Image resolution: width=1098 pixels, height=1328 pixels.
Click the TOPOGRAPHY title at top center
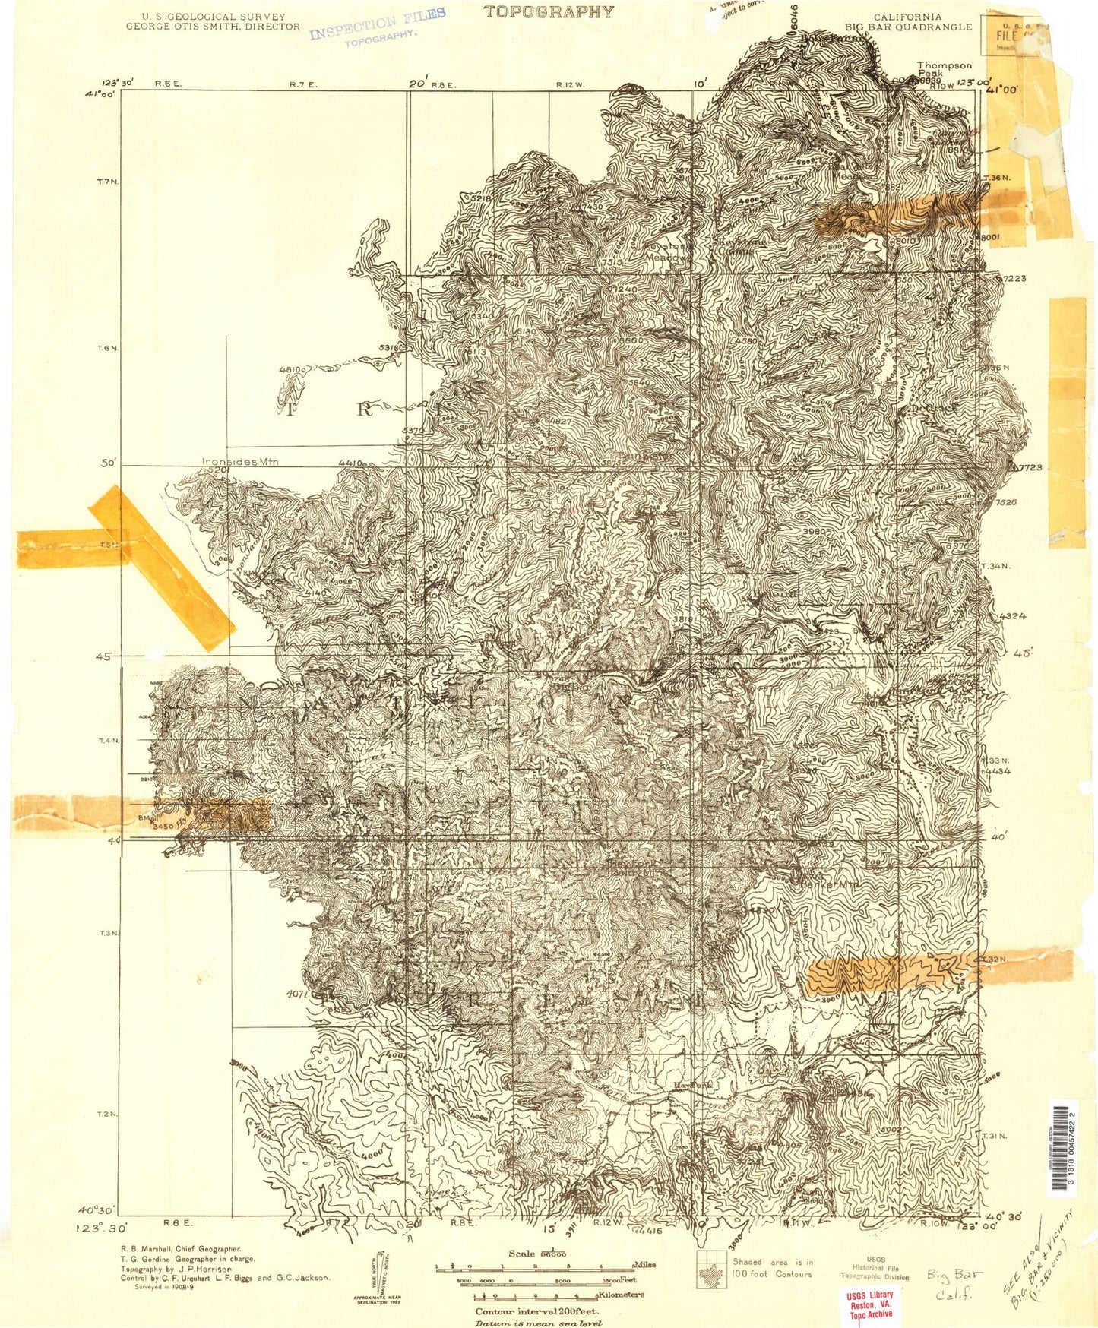pyautogui.click(x=549, y=11)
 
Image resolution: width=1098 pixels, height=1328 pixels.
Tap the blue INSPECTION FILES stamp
pyautogui.click(x=377, y=27)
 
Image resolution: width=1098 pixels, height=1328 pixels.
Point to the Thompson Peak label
pyautogui.click(x=943, y=69)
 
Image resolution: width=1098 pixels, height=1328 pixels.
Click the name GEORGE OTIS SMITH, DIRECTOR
pyautogui.click(x=213, y=27)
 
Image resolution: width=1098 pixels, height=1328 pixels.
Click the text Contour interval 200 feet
pyautogui.click(x=536, y=1311)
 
